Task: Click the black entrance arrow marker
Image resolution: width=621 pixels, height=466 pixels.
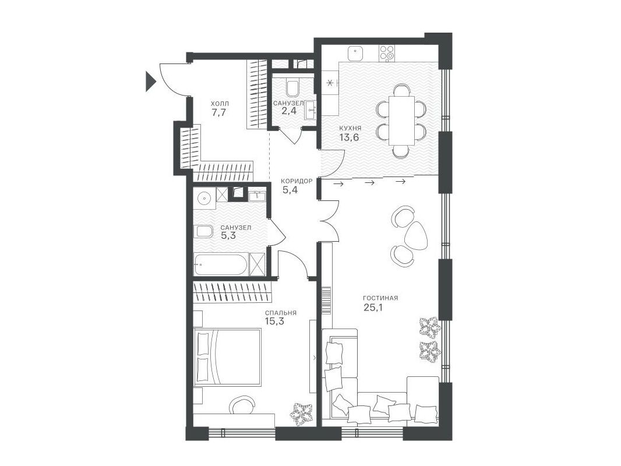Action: [150, 81]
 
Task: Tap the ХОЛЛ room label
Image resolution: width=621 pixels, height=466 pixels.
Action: [220, 104]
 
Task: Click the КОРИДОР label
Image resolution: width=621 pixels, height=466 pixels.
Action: [297, 181]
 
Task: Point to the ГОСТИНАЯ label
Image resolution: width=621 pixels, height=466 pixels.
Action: [380, 298]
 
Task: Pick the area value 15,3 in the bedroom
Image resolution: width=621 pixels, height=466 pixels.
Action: [274, 321]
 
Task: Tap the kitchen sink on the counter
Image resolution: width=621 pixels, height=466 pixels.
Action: [356, 52]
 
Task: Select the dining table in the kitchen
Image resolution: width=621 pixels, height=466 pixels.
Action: [401, 121]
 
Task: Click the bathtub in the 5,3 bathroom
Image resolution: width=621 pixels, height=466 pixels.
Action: [221, 264]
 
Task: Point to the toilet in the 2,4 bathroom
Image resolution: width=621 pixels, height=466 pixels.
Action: [292, 89]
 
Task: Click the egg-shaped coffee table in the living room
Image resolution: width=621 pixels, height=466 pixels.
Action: [417, 235]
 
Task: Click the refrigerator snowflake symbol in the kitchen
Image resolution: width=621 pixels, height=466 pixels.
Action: [329, 83]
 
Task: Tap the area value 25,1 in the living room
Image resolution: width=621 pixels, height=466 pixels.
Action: [373, 307]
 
